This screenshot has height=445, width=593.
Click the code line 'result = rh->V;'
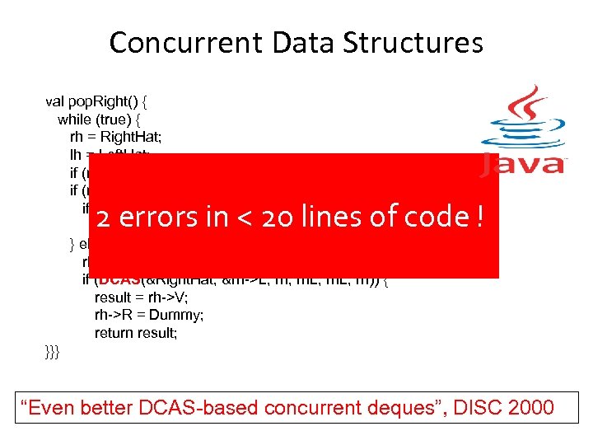click(137, 297)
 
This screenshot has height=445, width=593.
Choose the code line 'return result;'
click(136, 333)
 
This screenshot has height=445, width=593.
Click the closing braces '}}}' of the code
click(53, 351)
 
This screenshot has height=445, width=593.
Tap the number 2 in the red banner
click(102, 218)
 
